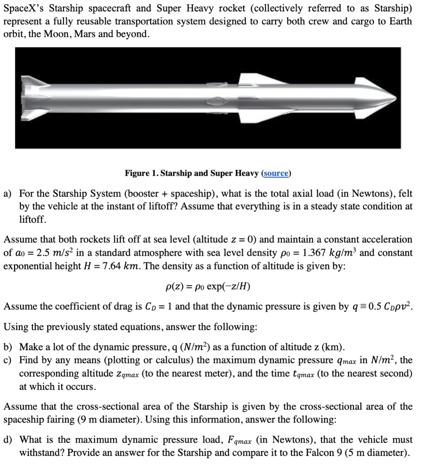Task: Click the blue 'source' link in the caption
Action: point(276,173)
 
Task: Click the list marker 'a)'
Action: point(8,193)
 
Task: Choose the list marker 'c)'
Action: point(8,361)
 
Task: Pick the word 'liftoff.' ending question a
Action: point(32,220)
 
